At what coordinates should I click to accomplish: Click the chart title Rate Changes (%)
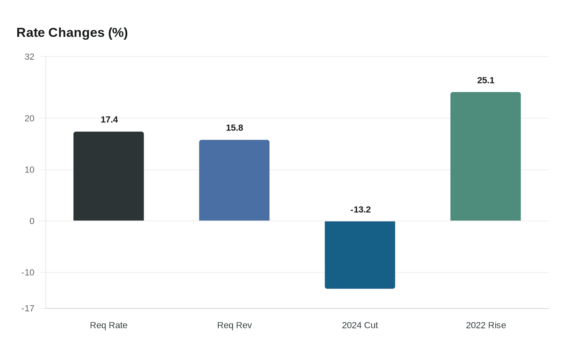pyautogui.click(x=72, y=33)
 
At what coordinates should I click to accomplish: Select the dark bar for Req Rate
pyautogui.click(x=108, y=176)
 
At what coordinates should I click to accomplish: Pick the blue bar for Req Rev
pyautogui.click(x=234, y=180)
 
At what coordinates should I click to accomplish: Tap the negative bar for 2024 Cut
pyautogui.click(x=360, y=254)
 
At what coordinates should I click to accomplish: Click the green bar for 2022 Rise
pyautogui.click(x=485, y=157)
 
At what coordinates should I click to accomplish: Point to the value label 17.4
pyautogui.click(x=109, y=119)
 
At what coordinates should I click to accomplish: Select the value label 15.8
pyautogui.click(x=235, y=128)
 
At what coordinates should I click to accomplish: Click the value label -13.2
pyautogui.click(x=361, y=209)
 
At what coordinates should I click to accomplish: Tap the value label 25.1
pyautogui.click(x=486, y=80)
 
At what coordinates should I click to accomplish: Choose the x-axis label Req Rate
pyautogui.click(x=108, y=325)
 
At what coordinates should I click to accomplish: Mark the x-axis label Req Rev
pyautogui.click(x=234, y=325)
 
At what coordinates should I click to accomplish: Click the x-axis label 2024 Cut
pyautogui.click(x=360, y=325)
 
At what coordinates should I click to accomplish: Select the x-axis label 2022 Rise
pyautogui.click(x=486, y=325)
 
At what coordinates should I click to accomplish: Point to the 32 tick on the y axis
pyautogui.click(x=29, y=57)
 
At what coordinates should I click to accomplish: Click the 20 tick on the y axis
pyautogui.click(x=29, y=118)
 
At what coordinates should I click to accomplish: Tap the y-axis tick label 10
pyautogui.click(x=29, y=170)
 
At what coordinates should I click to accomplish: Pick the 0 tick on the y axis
pyautogui.click(x=32, y=221)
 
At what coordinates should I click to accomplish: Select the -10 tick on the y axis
pyautogui.click(x=28, y=272)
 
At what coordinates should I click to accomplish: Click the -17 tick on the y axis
pyautogui.click(x=28, y=308)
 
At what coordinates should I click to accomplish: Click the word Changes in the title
pyautogui.click(x=77, y=33)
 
